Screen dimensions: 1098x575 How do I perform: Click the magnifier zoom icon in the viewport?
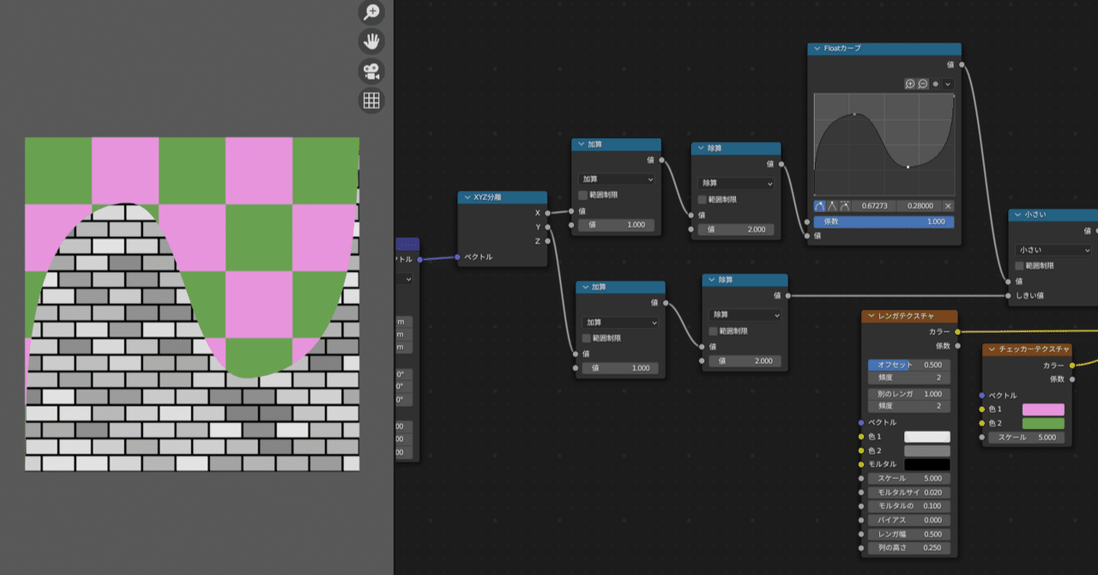[371, 12]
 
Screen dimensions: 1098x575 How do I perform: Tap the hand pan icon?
[371, 41]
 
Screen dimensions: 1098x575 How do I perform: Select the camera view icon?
[371, 71]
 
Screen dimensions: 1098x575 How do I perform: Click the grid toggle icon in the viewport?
[371, 100]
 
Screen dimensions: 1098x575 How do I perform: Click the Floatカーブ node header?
[884, 49]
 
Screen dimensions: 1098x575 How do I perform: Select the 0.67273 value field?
[874, 206]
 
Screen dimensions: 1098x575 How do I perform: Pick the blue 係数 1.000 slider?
[884, 221]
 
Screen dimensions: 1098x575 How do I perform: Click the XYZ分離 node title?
[502, 197]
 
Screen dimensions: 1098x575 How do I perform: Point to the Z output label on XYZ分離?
[538, 241]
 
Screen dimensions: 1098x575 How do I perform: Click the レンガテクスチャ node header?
[909, 317]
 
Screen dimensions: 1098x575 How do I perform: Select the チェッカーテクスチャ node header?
[1027, 349]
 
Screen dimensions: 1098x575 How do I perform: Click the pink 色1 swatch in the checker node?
[1043, 409]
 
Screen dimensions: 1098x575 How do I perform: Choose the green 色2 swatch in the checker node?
[1043, 423]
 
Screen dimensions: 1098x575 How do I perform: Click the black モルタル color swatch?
[926, 464]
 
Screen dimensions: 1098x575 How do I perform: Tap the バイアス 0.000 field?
[908, 520]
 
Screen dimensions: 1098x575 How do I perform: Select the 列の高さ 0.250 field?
[908, 548]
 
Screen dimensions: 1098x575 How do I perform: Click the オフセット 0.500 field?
[908, 365]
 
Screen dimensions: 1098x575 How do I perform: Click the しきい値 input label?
[1029, 295]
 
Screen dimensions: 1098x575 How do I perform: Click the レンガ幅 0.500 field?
[908, 534]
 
